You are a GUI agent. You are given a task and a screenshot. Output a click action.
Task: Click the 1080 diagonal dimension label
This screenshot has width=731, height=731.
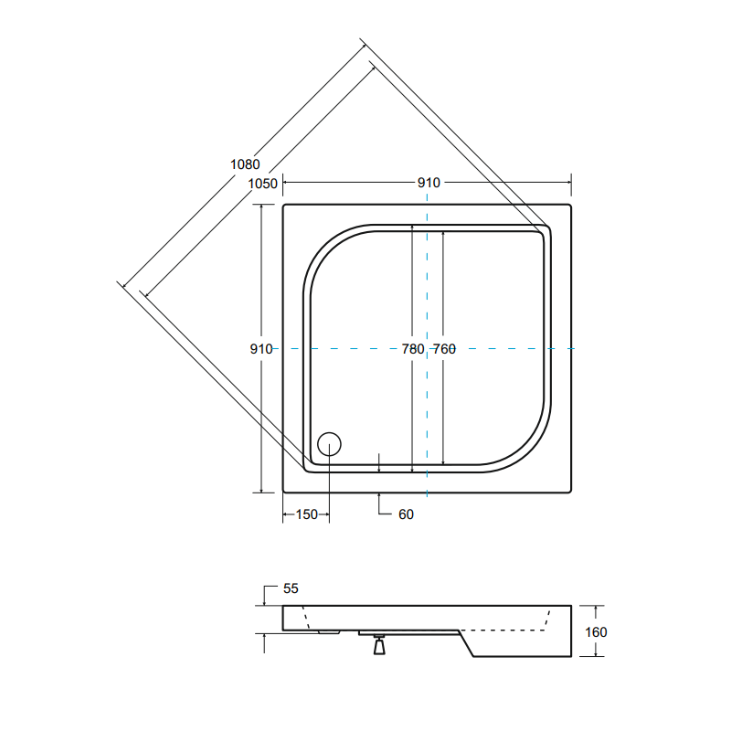pos(245,164)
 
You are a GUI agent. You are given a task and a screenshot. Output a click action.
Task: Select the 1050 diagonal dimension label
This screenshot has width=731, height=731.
pos(262,184)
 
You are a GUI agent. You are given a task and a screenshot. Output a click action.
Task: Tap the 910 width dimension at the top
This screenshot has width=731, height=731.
pos(429,183)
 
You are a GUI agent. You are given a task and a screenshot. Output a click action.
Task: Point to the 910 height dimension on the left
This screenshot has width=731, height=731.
pos(261,349)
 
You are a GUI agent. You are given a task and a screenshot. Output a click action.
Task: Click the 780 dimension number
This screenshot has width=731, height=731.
pos(413,349)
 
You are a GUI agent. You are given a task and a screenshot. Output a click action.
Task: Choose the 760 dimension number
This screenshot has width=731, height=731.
pos(444,349)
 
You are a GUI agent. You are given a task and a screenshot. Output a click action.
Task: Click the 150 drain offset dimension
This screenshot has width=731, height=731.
pos(306,514)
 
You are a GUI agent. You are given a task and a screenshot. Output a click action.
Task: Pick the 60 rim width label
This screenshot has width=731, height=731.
pos(406,514)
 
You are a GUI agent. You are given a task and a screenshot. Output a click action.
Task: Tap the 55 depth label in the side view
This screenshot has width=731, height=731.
pos(291,588)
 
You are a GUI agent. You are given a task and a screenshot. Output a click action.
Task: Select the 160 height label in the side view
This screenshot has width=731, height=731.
pos(596,632)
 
